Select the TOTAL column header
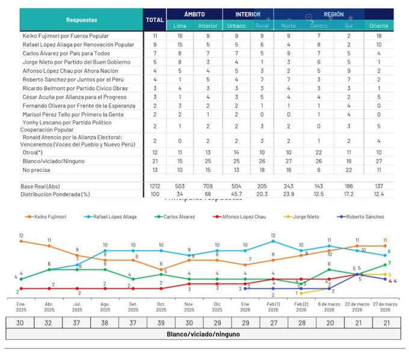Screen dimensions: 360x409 [x=155, y=20]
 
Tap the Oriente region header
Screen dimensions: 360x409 [x=378, y=26]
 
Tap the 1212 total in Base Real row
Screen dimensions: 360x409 [x=155, y=186]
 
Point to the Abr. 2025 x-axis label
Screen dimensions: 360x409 [x=49, y=307]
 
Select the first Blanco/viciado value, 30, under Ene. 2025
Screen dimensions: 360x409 [x=22, y=322]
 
